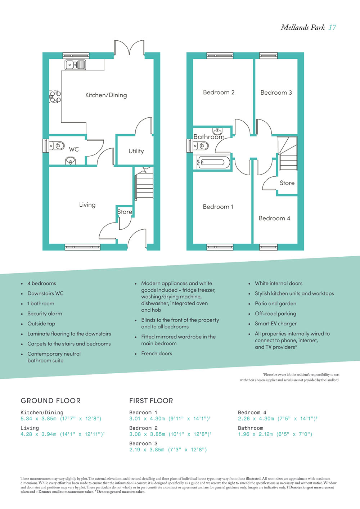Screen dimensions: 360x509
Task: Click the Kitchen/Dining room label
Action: (106, 95)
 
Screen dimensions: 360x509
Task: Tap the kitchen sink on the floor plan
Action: (75, 64)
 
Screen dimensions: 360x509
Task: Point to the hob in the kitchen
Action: (55, 96)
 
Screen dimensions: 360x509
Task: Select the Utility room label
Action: (136, 151)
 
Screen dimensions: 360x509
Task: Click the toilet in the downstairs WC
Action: (57, 145)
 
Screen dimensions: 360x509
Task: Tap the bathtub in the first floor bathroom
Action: (212, 162)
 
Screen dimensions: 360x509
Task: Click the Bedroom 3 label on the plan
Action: (276, 93)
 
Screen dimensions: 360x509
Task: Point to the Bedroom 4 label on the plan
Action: (274, 219)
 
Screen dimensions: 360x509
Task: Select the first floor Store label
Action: (287, 183)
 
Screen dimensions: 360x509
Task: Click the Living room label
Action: (87, 205)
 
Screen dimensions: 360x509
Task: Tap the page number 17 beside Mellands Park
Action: (332, 27)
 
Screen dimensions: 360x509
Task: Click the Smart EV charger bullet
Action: (276, 324)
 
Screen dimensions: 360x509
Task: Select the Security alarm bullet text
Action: (45, 314)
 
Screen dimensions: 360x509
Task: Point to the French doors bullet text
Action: (157, 353)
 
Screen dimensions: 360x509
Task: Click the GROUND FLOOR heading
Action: (50, 401)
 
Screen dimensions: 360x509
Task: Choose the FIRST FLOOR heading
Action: (151, 401)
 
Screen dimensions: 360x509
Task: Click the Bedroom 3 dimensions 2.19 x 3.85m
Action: (147, 450)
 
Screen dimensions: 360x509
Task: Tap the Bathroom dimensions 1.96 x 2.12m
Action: (255, 434)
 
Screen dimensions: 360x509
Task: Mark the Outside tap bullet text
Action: (41, 324)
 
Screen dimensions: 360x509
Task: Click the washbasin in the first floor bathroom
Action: (217, 131)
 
